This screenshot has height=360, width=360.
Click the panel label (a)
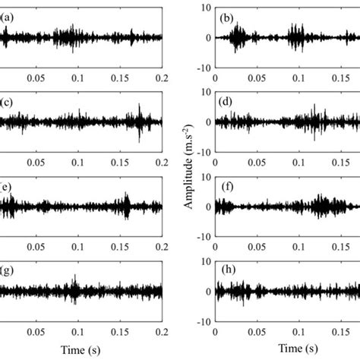coord(5,16)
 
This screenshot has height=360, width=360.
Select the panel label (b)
coord(226,16)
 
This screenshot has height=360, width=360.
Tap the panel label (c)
coord(5,101)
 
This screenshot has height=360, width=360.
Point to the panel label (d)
coord(226,101)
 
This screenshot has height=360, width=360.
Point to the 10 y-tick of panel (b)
coord(204,8)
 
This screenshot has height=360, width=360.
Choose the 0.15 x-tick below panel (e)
coord(118,247)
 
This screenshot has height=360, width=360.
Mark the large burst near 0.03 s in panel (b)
coord(238,35)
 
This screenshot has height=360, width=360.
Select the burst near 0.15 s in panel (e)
coord(127,203)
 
